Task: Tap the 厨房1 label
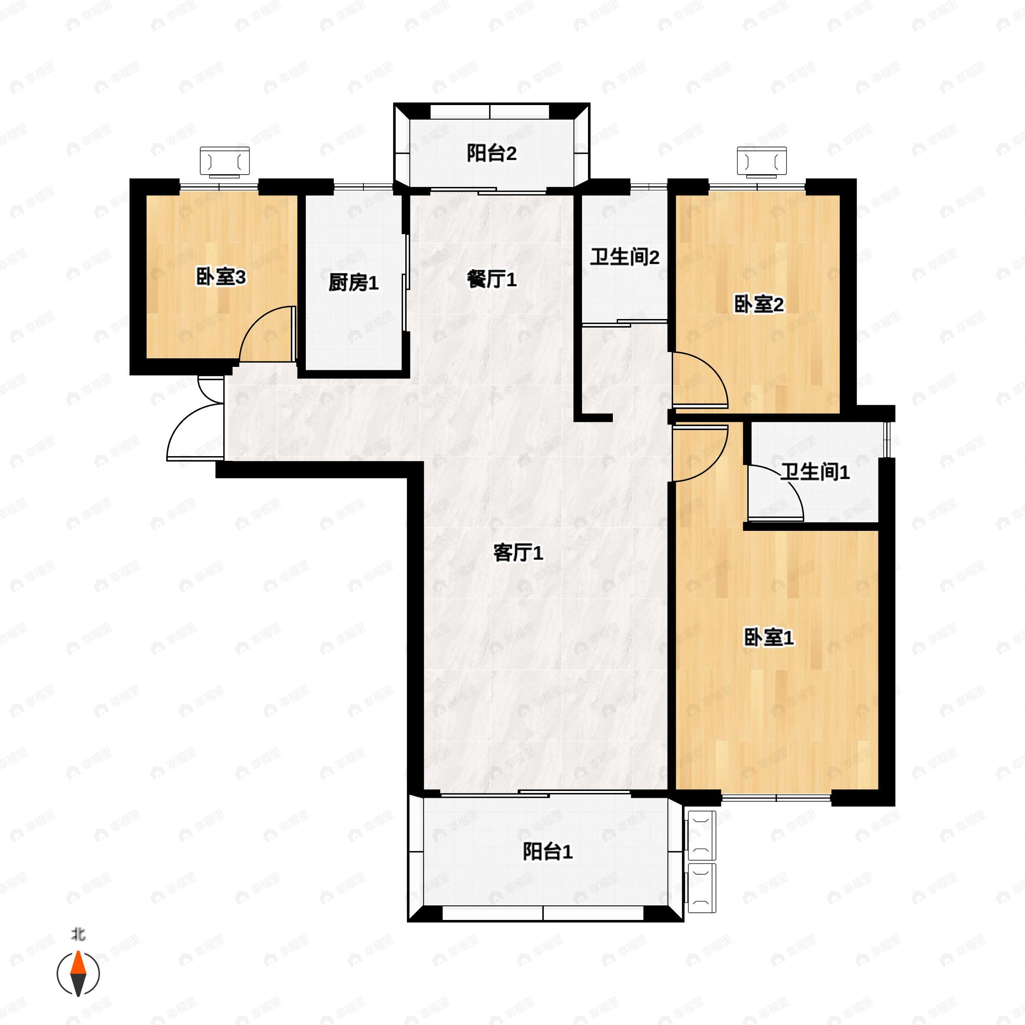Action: click(353, 283)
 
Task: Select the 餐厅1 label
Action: click(491, 279)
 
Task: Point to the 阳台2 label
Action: click(491, 153)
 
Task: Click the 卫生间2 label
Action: click(624, 257)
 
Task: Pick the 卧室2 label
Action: click(758, 305)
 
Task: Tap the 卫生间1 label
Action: click(814, 471)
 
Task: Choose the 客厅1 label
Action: click(518, 553)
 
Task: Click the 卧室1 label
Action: click(769, 637)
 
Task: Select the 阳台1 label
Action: click(548, 852)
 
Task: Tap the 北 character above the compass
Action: click(79, 934)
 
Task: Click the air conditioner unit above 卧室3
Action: click(224, 161)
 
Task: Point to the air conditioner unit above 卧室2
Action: click(762, 161)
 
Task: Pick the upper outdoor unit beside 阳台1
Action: click(701, 835)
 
